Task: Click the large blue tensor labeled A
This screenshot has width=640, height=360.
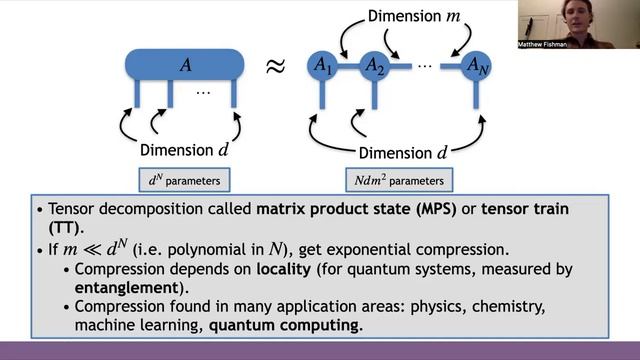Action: (184, 66)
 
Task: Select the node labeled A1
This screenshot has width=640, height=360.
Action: (322, 66)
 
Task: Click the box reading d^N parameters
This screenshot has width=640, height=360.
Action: (185, 181)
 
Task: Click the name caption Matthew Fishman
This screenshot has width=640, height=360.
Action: (542, 45)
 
